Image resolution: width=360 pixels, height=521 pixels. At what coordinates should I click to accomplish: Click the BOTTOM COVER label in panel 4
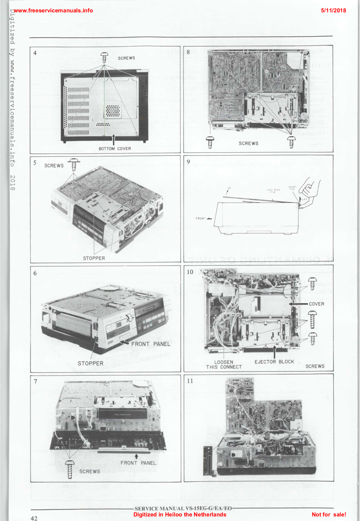pos(115,148)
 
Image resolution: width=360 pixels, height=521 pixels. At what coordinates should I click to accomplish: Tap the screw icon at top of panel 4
pos(104,58)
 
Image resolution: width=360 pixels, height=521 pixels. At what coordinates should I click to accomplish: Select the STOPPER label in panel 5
pos(94,258)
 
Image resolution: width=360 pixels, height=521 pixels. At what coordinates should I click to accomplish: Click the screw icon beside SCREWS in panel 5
pos(74,164)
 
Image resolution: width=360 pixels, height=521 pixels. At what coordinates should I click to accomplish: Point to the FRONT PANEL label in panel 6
pos(151,344)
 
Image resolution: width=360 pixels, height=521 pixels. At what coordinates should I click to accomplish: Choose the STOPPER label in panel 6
pos(90,363)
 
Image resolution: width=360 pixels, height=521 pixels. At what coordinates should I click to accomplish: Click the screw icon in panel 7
pos(70,469)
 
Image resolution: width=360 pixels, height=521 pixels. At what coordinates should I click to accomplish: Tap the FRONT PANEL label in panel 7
pos(138,463)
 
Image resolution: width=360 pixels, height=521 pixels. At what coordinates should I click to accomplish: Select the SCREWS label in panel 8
pos(248,143)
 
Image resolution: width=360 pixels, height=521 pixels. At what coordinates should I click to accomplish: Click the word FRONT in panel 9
pos(200,218)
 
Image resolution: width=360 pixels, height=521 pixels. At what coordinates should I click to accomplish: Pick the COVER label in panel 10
pos(316,304)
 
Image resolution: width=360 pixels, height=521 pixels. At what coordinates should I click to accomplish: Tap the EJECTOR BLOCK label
pos(274,362)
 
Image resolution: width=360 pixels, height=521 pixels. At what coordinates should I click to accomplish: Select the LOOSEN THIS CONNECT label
pos(224,364)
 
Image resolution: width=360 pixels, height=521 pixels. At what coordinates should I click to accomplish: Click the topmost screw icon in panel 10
pos(312,284)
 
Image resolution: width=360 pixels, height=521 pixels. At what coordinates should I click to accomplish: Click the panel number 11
pos(190,381)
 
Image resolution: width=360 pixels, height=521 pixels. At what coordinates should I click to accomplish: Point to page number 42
pos(34,518)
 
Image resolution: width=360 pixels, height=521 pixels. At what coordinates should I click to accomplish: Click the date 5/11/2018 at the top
pos(333,10)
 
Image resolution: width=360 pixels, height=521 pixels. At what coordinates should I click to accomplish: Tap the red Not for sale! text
pos(329,514)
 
